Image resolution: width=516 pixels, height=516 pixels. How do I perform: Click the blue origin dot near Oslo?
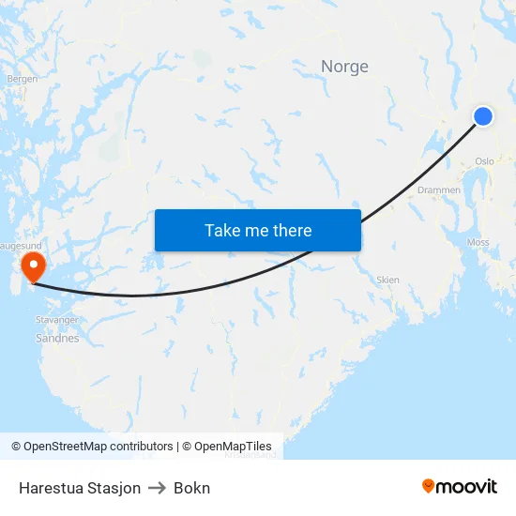[x=483, y=115]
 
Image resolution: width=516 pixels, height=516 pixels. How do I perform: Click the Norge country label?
[x=344, y=67]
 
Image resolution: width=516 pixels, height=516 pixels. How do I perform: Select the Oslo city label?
[x=484, y=161]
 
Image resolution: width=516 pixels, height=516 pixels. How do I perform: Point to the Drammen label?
[x=438, y=190]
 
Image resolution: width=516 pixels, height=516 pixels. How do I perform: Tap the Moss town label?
[x=478, y=242]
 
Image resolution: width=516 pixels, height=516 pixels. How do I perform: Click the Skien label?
[x=387, y=280]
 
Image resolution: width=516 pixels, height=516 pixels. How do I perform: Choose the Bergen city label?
[x=22, y=79]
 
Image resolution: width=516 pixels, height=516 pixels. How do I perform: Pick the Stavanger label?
[x=58, y=320]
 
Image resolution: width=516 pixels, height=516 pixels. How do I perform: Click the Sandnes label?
[x=57, y=339]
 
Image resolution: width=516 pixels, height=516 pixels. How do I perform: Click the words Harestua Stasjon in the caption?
[x=80, y=488]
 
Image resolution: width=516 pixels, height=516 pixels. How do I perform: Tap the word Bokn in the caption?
[x=191, y=488]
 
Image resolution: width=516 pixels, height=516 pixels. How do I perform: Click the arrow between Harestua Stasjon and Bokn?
[x=157, y=488]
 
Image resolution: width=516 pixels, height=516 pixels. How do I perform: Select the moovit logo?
[x=459, y=486]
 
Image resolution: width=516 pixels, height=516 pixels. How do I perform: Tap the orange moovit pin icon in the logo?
[x=429, y=486]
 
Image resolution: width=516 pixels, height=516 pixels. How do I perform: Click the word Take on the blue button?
[x=222, y=230]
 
